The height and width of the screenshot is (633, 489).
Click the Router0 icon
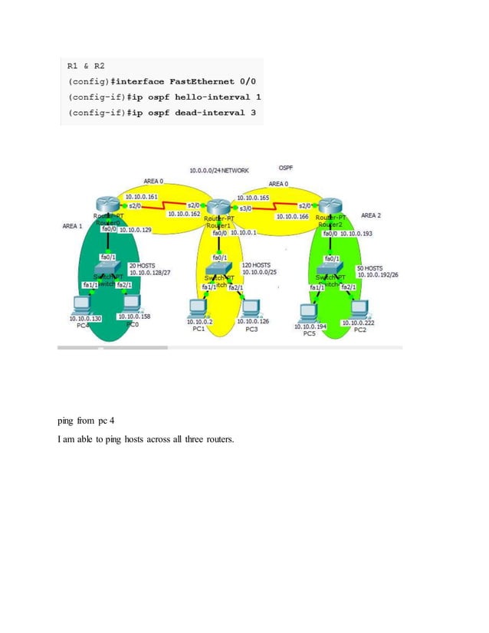pyautogui.click(x=106, y=205)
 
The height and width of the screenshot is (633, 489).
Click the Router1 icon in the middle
pyautogui.click(x=219, y=206)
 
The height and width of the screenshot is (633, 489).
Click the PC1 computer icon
pyautogui.click(x=198, y=307)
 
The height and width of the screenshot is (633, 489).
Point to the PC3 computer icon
pyautogui.click(x=250, y=307)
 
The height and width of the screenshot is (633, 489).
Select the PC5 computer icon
pyautogui.click(x=309, y=313)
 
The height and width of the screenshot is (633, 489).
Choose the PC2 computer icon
pyautogui.click(x=359, y=309)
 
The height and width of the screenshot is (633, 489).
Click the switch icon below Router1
pyautogui.click(x=220, y=271)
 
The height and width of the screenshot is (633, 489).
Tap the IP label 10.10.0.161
pyautogui.click(x=141, y=196)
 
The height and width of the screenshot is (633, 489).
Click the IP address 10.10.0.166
pyautogui.click(x=292, y=217)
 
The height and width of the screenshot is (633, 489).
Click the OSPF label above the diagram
pyautogui.click(x=286, y=167)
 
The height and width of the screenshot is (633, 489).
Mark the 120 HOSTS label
pyautogui.click(x=256, y=265)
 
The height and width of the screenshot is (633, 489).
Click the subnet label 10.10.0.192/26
pyautogui.click(x=377, y=275)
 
